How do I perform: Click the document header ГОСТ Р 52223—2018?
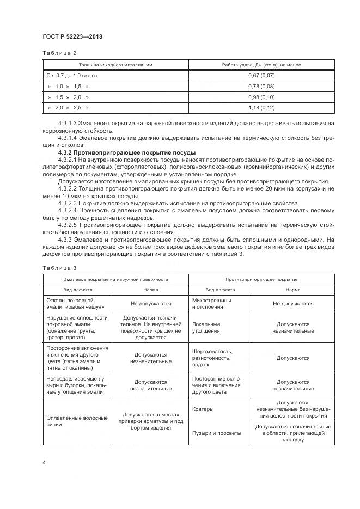click(x=72, y=36)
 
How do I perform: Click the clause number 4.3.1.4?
click(x=68, y=138)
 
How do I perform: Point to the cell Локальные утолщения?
click(x=206, y=327)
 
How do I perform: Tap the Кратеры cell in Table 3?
click(x=203, y=408)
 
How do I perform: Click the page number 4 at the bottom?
click(x=44, y=463)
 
